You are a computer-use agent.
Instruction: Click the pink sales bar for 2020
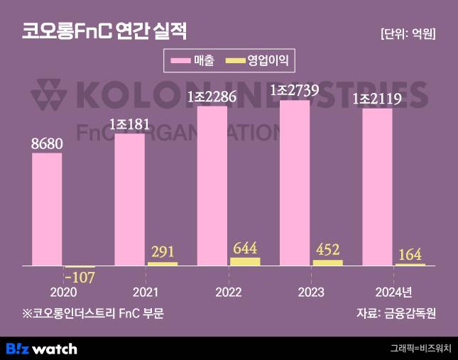click(x=47, y=209)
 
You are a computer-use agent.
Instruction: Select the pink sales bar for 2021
click(x=129, y=200)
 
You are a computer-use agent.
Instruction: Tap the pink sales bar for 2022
click(x=212, y=185)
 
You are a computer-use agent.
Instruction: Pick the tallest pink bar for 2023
click(x=295, y=182)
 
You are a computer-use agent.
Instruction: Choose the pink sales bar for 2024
click(x=377, y=187)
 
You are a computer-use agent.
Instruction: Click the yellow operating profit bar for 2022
click(x=245, y=261)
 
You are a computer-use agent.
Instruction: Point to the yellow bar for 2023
click(x=327, y=263)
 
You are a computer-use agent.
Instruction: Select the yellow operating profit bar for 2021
click(x=163, y=263)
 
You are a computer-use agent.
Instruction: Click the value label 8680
click(x=47, y=143)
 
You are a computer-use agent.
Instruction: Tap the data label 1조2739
click(x=295, y=90)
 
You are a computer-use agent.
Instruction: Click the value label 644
click(x=245, y=248)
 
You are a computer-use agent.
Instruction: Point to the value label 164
click(x=410, y=254)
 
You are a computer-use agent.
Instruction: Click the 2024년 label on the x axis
click(x=393, y=293)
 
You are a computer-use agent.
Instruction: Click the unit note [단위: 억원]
click(x=408, y=33)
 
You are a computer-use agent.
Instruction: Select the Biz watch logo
click(x=41, y=349)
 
